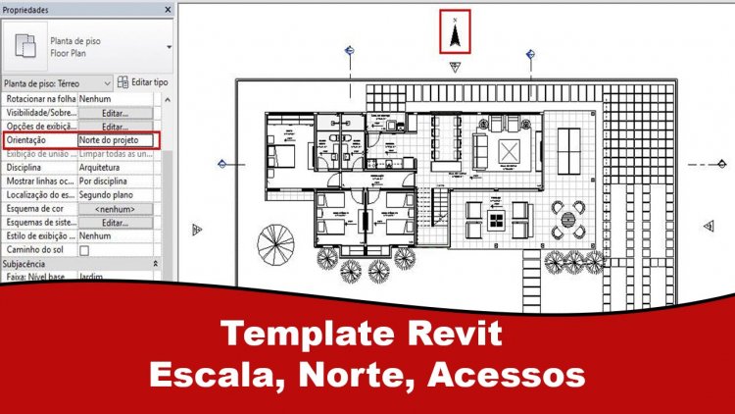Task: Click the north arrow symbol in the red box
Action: pyautogui.click(x=455, y=32)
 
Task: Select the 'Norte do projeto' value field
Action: pyautogui.click(x=115, y=140)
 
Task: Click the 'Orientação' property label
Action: pyautogui.click(x=33, y=140)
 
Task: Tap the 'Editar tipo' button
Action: pyautogui.click(x=143, y=82)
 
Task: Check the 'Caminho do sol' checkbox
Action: pyautogui.click(x=84, y=250)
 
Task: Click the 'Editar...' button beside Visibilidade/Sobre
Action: pyautogui.click(x=115, y=113)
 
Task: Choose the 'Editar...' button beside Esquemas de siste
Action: pyautogui.click(x=115, y=223)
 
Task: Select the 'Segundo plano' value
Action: pyautogui.click(x=109, y=195)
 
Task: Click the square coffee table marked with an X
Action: pyautogui.click(x=511, y=151)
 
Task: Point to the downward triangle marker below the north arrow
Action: pyautogui.click(x=455, y=67)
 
